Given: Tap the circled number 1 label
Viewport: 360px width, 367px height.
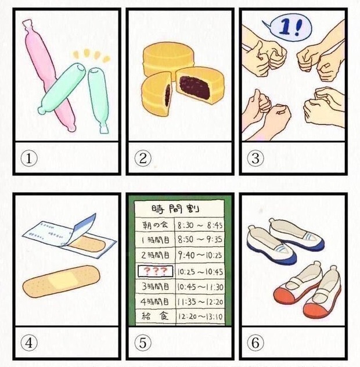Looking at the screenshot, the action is tap(29, 158).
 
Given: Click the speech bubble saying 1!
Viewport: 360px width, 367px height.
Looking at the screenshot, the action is tap(287, 28).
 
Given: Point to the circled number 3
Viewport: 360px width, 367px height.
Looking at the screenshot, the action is tap(255, 158).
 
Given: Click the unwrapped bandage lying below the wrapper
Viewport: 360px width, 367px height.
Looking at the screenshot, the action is tap(61, 281).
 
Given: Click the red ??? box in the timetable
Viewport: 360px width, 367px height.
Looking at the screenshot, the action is tap(156, 271).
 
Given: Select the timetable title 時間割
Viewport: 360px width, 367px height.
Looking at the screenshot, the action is tap(175, 208).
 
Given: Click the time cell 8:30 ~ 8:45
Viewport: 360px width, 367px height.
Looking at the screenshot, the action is tap(200, 225).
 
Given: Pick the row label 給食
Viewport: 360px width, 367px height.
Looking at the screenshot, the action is tap(155, 316).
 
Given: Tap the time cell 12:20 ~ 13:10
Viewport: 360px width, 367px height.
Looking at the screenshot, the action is tap(200, 316).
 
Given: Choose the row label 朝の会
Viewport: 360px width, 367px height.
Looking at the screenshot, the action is tap(155, 225).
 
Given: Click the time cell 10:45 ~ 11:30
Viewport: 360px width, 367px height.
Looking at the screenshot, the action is tap(200, 287).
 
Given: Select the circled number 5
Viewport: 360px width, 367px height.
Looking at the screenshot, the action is tap(143, 343).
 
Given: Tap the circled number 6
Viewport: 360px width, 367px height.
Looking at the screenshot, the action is tap(255, 343).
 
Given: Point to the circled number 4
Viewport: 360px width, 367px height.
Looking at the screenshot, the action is tap(29, 343).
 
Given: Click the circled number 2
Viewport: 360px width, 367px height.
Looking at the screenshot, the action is tap(143, 158).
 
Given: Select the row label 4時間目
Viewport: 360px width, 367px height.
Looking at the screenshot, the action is tap(154, 301).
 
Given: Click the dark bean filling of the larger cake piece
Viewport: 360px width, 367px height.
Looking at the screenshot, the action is tap(195, 87).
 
